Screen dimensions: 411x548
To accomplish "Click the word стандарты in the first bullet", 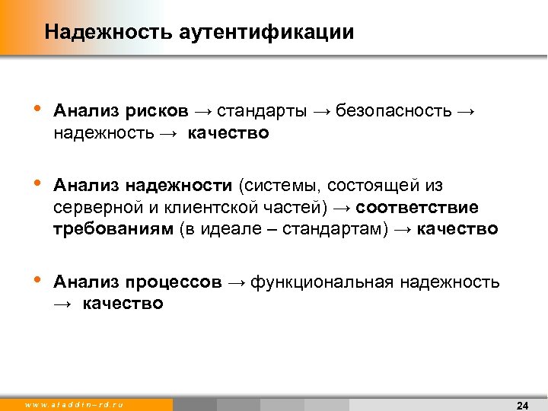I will (x=262, y=111).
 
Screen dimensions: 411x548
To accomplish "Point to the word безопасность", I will (x=393, y=111).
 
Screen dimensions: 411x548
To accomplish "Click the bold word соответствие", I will (x=417, y=208).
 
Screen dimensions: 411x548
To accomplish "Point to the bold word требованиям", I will (x=113, y=229).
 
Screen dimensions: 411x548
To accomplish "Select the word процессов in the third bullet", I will (x=174, y=282).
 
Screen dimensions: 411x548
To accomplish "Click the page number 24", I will (x=523, y=404).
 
